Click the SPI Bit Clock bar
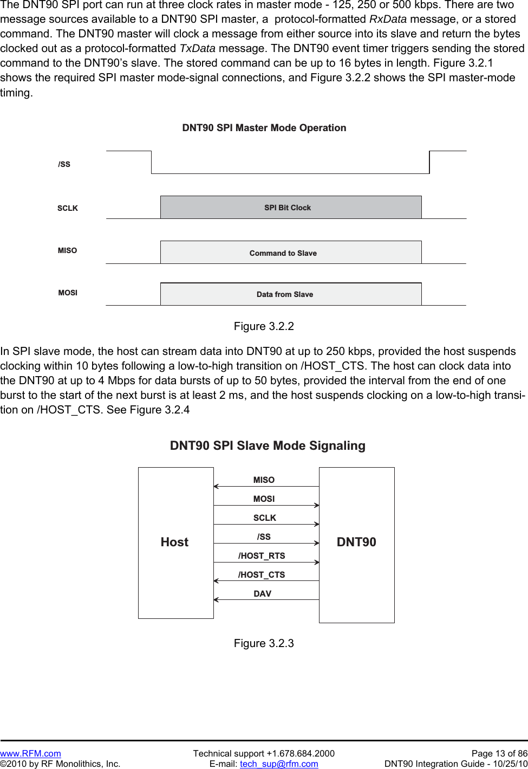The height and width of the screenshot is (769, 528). point(290,208)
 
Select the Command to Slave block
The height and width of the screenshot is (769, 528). point(290,253)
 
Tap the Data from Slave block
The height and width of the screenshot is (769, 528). point(290,294)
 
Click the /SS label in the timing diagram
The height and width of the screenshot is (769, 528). point(64,164)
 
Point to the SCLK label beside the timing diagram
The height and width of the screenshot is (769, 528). point(68,208)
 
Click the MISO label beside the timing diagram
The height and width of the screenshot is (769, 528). point(68,250)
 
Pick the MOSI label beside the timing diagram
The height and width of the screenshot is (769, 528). point(68,293)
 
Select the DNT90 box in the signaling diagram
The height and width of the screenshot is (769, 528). point(356,542)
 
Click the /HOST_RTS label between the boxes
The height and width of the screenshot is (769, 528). point(262,555)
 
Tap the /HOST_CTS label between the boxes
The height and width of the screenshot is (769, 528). point(262,574)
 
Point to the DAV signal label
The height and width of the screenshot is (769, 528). point(263,593)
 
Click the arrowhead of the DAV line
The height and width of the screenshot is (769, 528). point(216,599)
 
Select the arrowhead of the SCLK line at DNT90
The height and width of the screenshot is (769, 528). point(317,524)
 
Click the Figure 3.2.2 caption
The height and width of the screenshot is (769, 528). point(264,326)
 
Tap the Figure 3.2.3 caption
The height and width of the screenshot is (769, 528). point(264,643)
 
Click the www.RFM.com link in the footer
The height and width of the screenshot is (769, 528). point(30,753)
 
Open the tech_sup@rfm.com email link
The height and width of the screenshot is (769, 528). point(279,764)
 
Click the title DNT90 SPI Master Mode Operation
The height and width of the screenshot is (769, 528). point(264,128)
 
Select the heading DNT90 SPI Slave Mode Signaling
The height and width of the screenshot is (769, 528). point(268,445)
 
